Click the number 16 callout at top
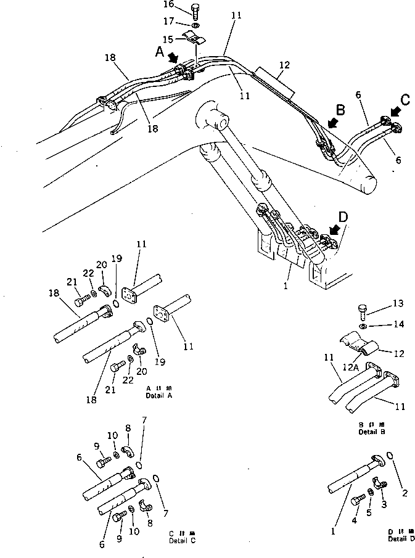(168, 5)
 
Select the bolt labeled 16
(195, 11)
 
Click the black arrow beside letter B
(333, 123)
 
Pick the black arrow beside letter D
(335, 229)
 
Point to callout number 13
(399, 303)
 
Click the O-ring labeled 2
(389, 457)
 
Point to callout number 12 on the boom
(284, 64)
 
